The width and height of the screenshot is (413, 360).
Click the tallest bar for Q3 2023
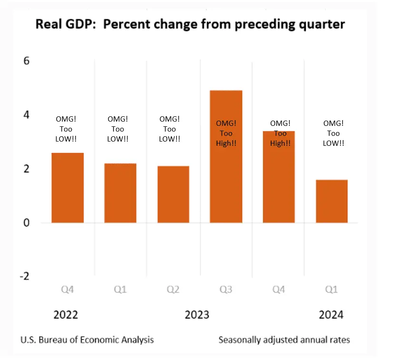click(x=226, y=157)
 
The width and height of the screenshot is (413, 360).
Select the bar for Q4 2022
click(x=67, y=188)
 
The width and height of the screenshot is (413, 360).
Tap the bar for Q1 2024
click(x=332, y=201)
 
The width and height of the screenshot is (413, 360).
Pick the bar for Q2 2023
click(x=173, y=194)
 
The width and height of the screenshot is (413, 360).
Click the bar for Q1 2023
click(x=120, y=193)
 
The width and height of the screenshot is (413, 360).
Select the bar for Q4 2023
click(x=279, y=177)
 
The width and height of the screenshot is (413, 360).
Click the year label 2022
click(x=66, y=315)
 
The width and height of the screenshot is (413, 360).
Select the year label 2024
click(x=331, y=315)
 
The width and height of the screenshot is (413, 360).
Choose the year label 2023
click(x=197, y=315)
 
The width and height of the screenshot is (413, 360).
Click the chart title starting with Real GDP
click(x=190, y=25)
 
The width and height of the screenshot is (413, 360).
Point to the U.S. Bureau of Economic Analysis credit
click(x=87, y=340)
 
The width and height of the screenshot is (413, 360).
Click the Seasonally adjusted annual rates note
click(x=284, y=340)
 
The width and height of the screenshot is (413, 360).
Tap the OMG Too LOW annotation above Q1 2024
click(x=333, y=133)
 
